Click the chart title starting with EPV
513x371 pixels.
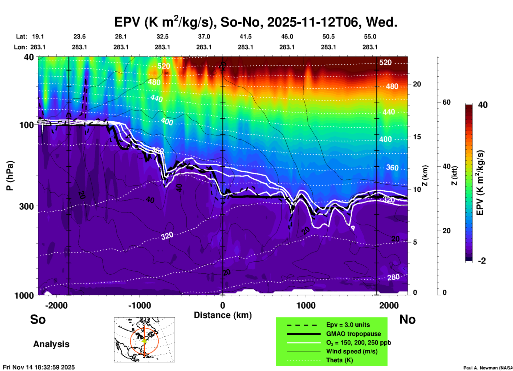pos(256,22)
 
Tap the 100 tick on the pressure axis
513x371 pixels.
pos(26,125)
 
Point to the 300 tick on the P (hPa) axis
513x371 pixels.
pos(26,206)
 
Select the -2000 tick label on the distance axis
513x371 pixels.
pos(56,305)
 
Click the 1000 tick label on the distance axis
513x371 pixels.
pos(306,305)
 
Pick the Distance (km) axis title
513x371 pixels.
pos(223,315)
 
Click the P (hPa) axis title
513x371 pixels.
pos(10,176)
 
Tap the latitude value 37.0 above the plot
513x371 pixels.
pos(204,36)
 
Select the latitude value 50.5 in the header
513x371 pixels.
pos(328,36)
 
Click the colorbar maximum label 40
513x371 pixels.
pos(483,105)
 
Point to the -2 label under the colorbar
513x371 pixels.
pos(482,261)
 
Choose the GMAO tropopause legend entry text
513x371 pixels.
pos(353,334)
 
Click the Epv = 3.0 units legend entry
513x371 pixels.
pos(348,325)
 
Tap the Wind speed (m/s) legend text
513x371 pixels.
pos(352,351)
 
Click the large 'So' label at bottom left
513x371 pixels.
pos(38,319)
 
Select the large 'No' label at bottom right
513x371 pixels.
pos(407,319)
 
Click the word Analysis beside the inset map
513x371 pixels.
pos(51,344)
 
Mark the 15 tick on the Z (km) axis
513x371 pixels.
pos(417,137)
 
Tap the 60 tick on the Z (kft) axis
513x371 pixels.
pos(446,102)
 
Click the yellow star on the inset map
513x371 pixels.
pos(144,340)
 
